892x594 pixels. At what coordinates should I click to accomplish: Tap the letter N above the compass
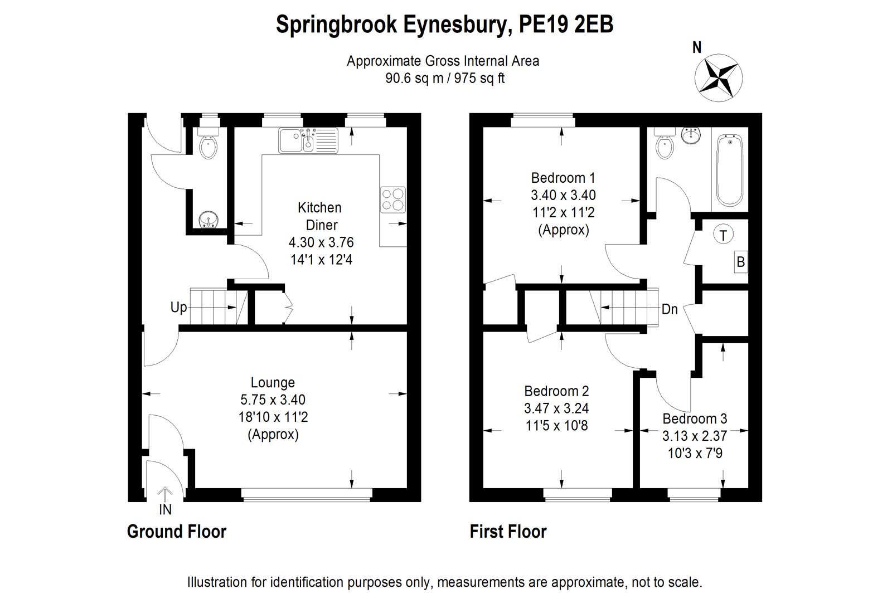coord(696,48)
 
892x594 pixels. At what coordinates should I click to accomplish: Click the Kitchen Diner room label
coord(320,216)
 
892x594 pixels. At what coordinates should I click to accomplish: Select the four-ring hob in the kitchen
coord(392,199)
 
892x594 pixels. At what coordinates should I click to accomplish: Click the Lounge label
coord(273,383)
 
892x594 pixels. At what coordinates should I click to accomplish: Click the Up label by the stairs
coord(178,308)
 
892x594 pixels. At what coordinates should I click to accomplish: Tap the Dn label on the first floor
coord(670,309)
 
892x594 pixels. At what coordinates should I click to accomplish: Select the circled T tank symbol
coord(724,235)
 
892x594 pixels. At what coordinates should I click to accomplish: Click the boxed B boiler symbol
coord(740,262)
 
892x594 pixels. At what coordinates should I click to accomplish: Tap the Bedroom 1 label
coord(563,178)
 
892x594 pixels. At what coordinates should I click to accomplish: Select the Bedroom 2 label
coord(556,391)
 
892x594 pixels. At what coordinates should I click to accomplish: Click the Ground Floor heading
coord(177,532)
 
